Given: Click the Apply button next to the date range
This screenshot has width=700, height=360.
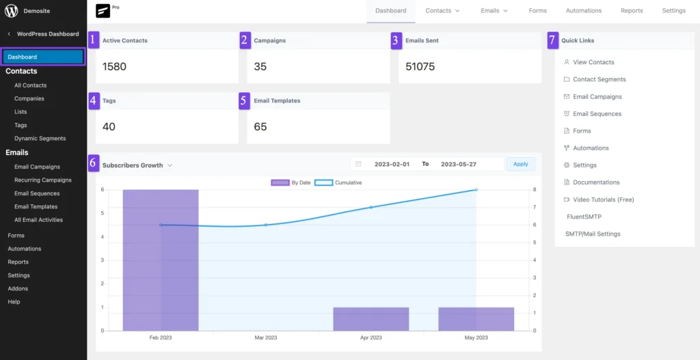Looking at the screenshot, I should pos(520,164).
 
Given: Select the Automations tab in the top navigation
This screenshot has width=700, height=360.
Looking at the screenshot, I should pos(583,11).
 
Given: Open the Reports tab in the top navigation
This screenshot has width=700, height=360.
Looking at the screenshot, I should pos(631,11).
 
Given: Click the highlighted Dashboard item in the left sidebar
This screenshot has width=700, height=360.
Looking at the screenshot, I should pos(43,57).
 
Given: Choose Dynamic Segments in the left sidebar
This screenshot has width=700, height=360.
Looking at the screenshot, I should pos(40,139).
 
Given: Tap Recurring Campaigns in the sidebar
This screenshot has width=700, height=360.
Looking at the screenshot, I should pos(42,180).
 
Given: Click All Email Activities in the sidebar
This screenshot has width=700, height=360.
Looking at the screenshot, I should pos(38,220).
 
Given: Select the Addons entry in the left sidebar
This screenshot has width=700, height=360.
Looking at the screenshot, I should pos(18,288).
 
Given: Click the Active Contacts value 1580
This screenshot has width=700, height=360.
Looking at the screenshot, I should pos(114,67).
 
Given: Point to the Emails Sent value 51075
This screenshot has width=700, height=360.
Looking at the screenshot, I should pos(420,67).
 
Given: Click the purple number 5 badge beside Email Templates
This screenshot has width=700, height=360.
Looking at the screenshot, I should pos(244,100).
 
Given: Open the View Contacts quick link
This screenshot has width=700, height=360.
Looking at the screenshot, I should pos(593,62).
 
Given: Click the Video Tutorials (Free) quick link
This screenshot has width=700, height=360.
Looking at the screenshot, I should pos(603,199).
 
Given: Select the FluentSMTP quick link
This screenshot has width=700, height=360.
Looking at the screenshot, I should pos(584,217).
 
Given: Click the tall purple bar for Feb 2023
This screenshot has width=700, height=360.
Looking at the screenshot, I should pos(161,260).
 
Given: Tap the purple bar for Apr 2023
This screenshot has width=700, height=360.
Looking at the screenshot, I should pos(371,319).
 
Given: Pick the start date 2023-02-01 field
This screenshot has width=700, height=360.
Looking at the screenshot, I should pos(392,164).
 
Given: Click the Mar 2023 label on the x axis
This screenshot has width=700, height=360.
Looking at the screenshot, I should pos(266,338).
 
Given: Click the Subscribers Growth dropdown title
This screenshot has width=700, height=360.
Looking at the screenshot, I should pos(137,165).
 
